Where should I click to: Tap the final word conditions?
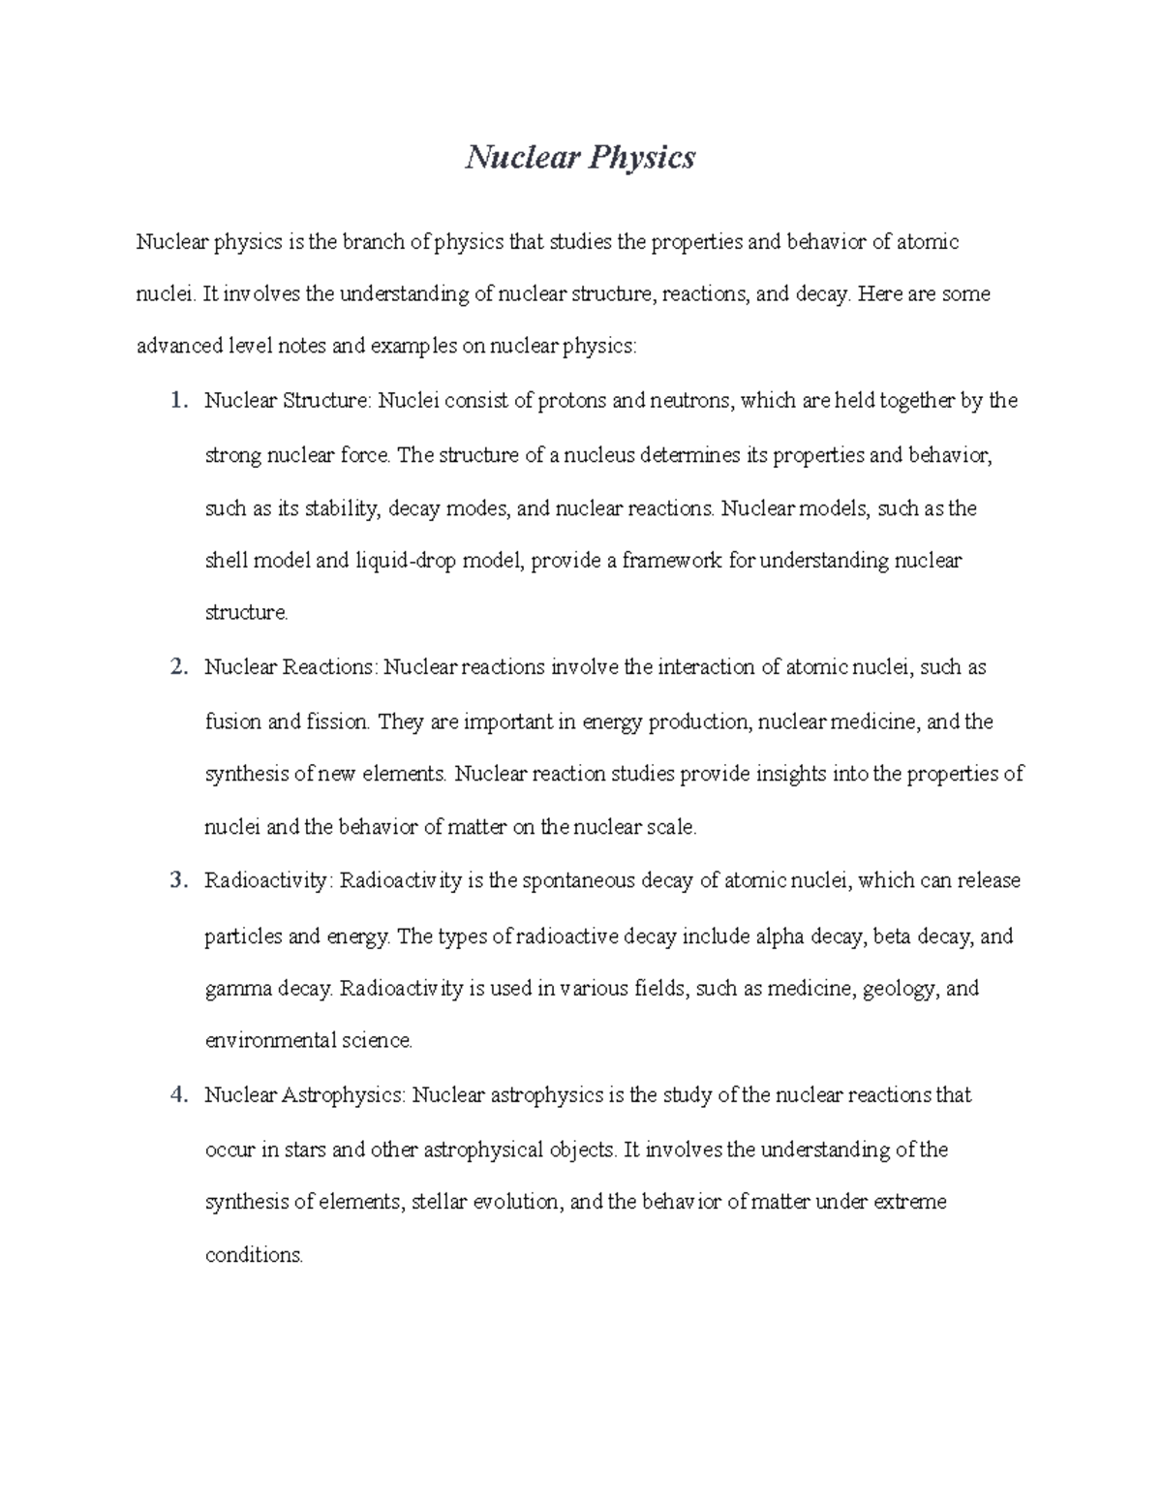(254, 1256)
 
